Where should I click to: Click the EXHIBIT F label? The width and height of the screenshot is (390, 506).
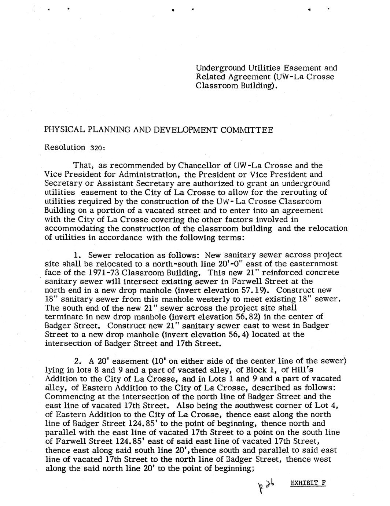[308, 483]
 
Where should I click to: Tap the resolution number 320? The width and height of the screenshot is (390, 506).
[97, 148]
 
